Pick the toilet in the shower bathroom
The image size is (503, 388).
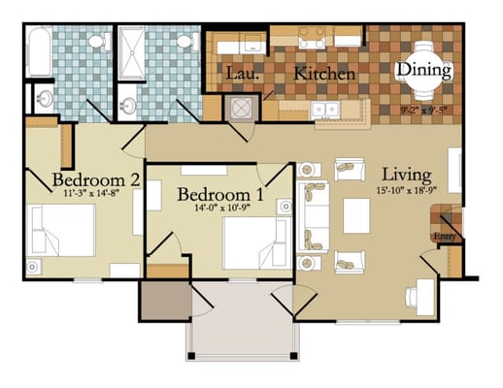click(x=184, y=42)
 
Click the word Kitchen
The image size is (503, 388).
click(x=324, y=74)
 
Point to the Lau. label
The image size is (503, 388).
click(x=240, y=74)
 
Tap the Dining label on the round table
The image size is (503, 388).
click(x=424, y=70)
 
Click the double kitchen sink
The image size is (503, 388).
click(x=325, y=109)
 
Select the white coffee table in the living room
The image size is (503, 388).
click(x=356, y=216)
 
